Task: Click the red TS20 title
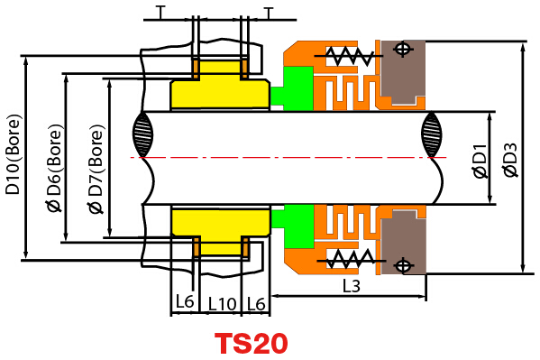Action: tap(251, 343)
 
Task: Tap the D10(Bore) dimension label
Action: tap(14, 154)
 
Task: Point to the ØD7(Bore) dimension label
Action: tap(96, 169)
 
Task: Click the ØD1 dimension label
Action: tap(481, 162)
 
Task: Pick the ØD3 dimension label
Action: tap(510, 161)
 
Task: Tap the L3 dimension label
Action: tap(352, 286)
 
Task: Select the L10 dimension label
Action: tap(222, 304)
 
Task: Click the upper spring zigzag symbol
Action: tap(349, 56)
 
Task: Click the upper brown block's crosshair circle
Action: tap(403, 49)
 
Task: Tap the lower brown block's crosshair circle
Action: tap(404, 265)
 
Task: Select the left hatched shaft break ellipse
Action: tap(142, 134)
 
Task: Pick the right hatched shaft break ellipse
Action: tap(432, 134)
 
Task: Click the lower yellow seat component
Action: tap(220, 226)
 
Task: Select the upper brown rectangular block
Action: tap(403, 71)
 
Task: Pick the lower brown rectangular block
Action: tap(404, 243)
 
